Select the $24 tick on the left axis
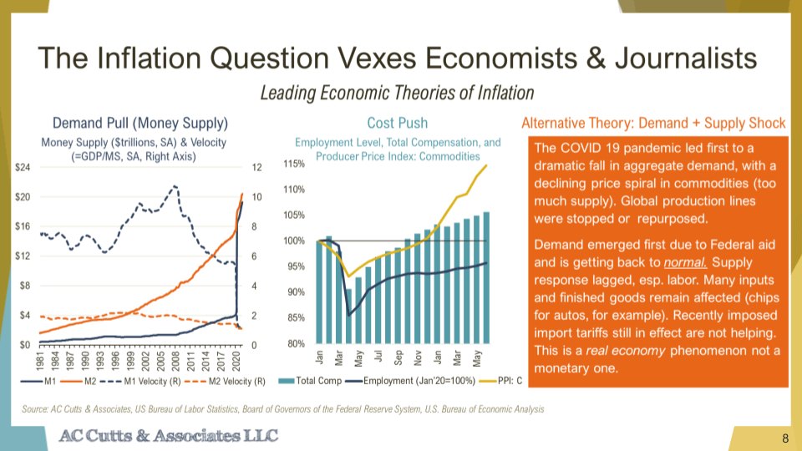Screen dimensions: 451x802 coord(23,168)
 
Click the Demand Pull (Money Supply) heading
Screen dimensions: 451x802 coord(140,123)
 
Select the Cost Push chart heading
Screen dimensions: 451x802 coord(393,123)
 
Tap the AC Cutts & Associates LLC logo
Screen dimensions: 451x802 coord(170,436)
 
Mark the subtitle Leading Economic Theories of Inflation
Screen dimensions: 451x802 coord(397,92)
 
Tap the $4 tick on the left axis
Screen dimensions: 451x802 coord(25,315)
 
